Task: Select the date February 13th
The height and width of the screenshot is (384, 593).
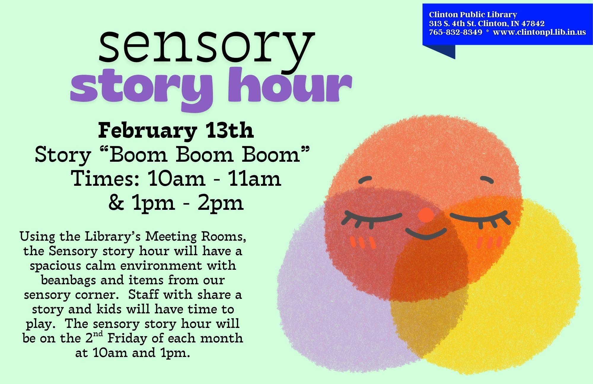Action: (176, 131)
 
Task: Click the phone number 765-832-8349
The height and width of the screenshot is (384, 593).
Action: (455, 32)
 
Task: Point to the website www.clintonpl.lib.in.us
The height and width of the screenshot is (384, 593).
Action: (539, 32)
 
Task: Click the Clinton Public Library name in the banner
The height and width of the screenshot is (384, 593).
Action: (473, 15)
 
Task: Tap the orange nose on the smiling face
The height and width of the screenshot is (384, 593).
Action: (426, 215)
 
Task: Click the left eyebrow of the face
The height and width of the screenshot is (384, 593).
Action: (365, 180)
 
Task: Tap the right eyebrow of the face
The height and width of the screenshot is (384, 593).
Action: (487, 180)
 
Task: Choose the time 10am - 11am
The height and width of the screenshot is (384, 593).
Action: (214, 179)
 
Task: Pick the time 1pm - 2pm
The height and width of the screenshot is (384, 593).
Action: (188, 203)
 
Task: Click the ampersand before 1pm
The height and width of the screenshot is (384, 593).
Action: (116, 202)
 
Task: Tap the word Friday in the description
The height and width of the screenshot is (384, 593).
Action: (127, 338)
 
